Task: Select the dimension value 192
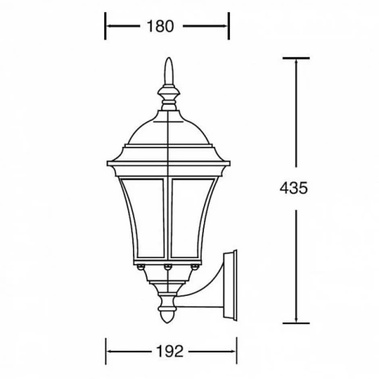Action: coord(170,352)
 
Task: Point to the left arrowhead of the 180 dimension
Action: coord(109,27)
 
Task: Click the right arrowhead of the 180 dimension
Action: coord(227,27)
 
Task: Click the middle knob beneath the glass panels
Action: coord(169,265)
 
